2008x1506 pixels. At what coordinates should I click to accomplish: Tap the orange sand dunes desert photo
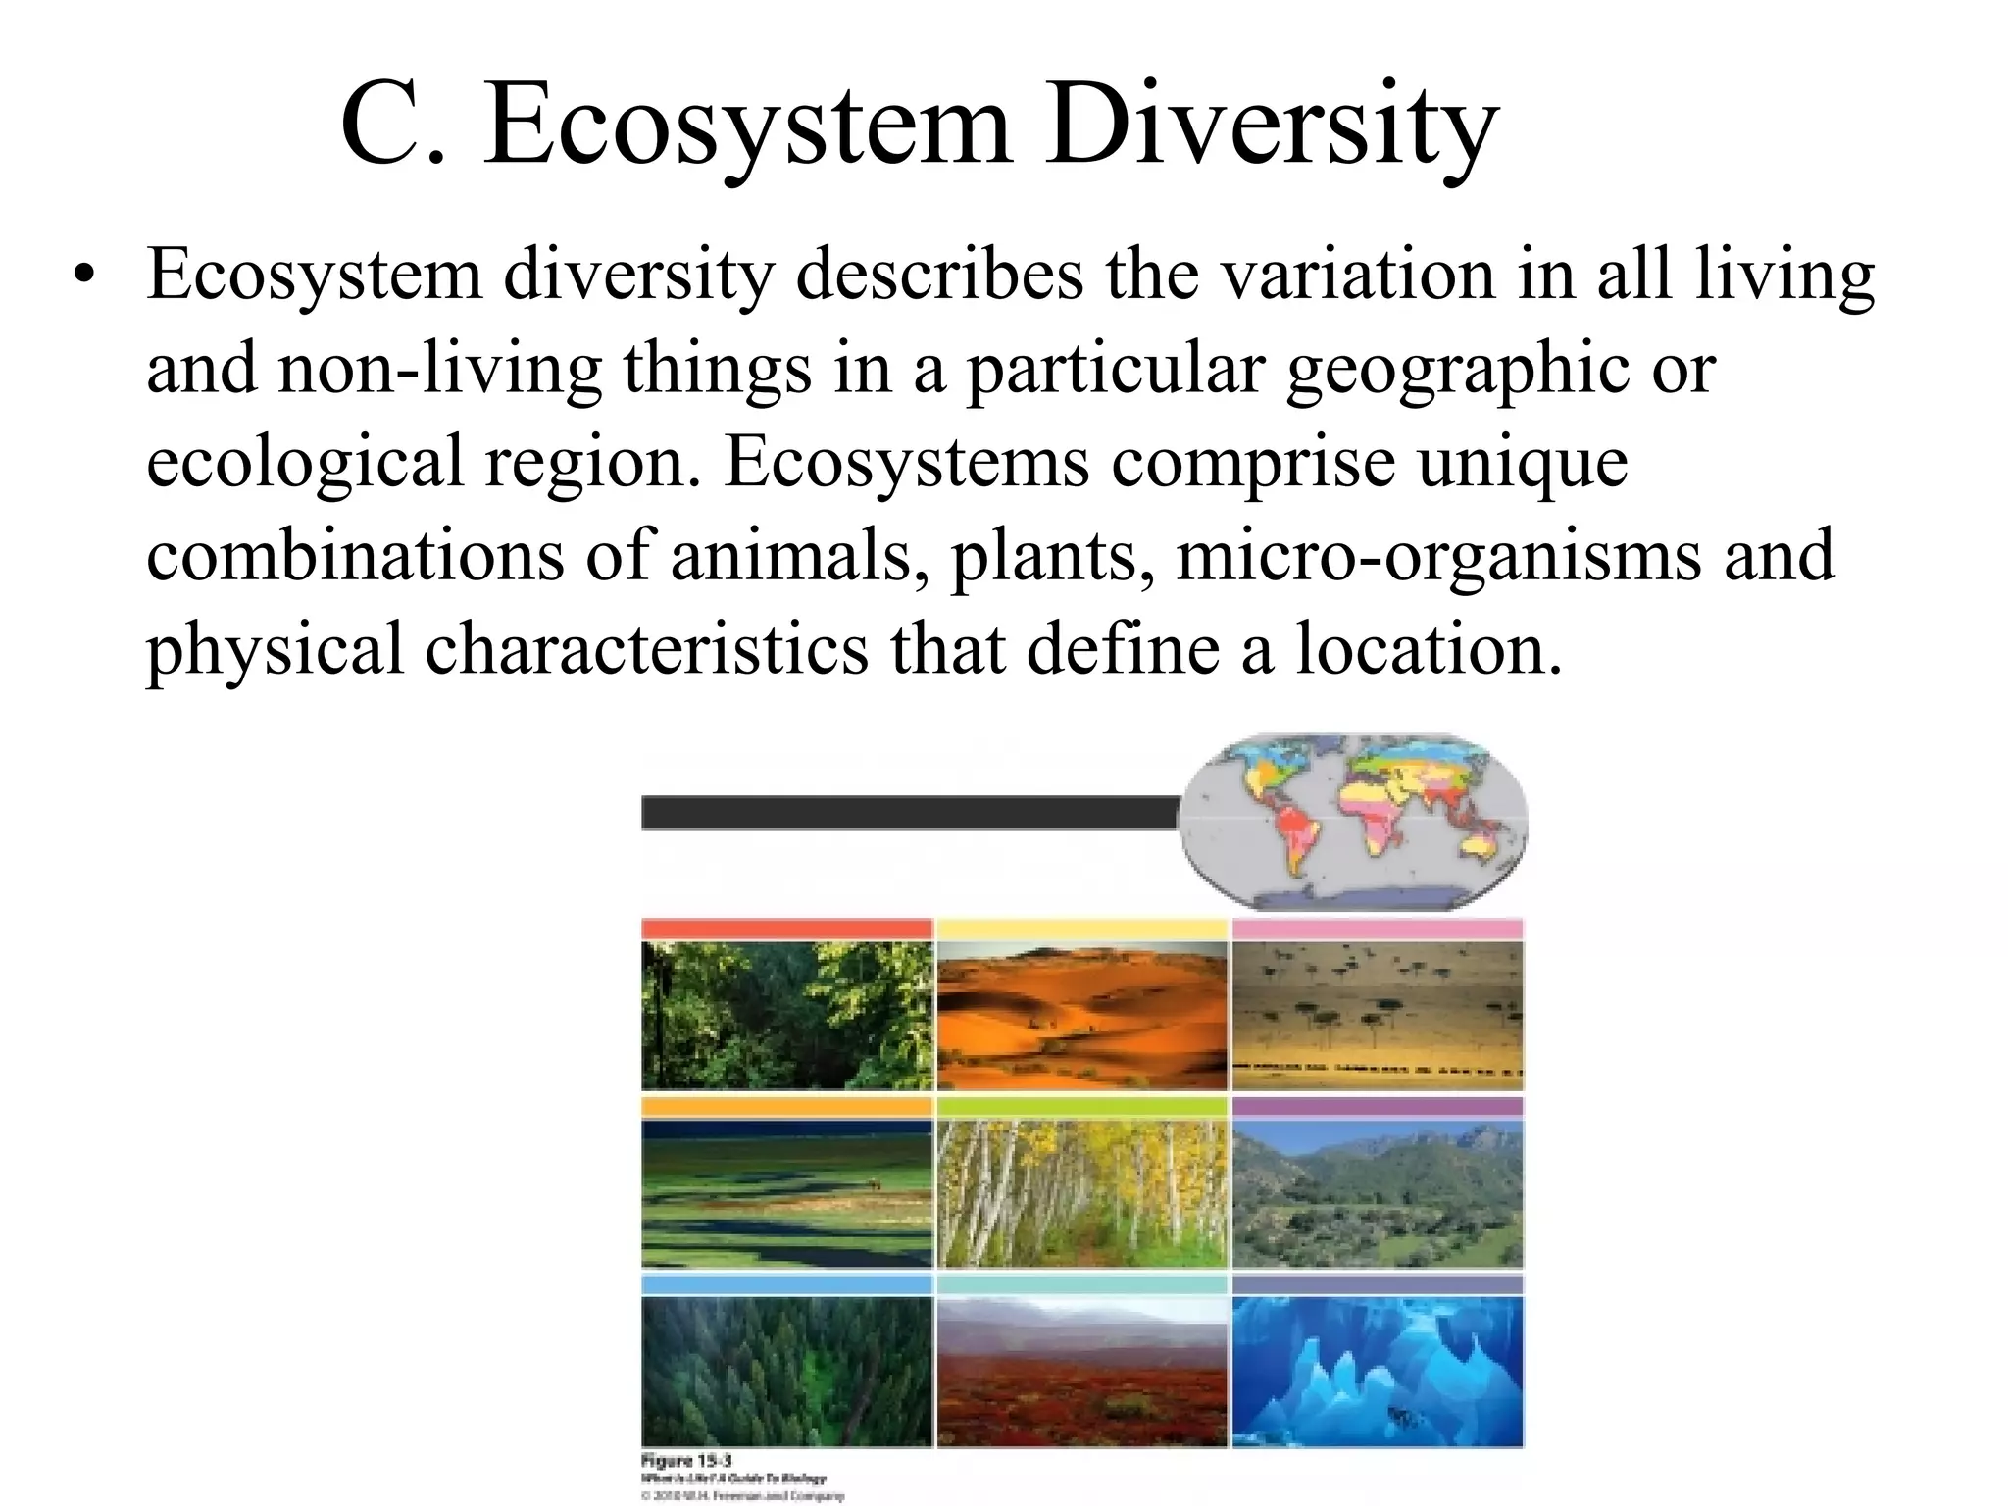point(1082,1016)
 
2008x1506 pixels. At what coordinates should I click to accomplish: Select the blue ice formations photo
point(1378,1371)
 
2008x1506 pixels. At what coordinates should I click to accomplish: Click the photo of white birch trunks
point(1082,1193)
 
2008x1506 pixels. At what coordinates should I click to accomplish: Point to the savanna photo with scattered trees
point(1378,1016)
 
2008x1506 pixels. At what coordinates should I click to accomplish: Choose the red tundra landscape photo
point(1082,1371)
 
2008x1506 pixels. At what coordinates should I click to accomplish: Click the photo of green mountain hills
point(1378,1193)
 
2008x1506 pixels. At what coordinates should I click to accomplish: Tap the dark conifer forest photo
point(787,1371)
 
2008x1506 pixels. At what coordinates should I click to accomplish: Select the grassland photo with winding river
point(787,1193)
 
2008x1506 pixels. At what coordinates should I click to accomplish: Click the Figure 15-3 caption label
point(692,1460)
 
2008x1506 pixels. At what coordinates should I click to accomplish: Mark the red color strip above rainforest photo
point(787,929)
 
